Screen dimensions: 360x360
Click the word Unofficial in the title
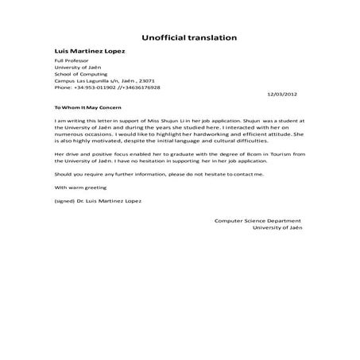(165, 37)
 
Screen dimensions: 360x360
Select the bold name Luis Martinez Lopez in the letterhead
(89, 52)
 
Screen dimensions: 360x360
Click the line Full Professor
(69, 62)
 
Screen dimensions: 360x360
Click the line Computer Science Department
(257, 220)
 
